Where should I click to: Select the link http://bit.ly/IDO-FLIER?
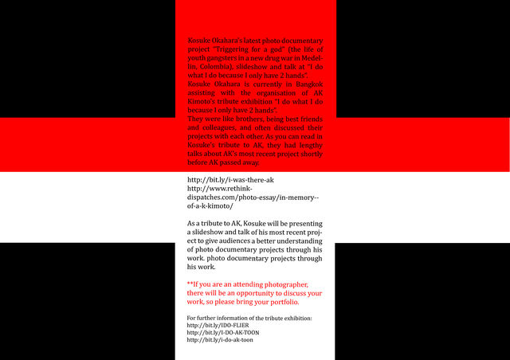[214, 326]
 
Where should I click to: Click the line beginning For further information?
[249, 319]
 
